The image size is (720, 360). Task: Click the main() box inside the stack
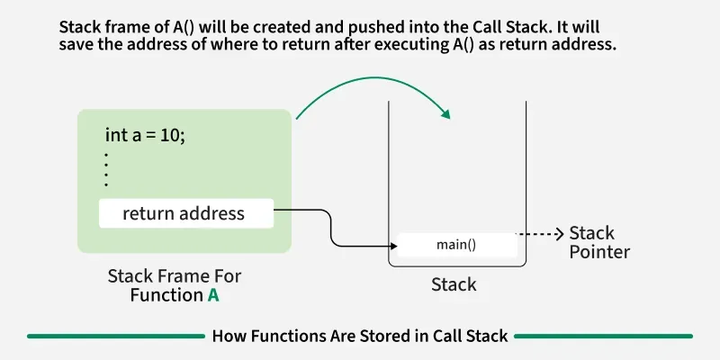point(457,245)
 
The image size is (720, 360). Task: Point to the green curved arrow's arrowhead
point(444,113)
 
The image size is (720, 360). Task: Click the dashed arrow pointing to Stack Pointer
point(542,234)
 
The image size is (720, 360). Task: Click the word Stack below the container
point(454,284)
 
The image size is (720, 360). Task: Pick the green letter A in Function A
point(214,294)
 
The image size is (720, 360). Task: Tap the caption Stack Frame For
point(175,275)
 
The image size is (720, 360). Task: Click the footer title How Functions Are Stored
point(360,336)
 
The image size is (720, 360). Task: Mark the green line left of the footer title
point(116,336)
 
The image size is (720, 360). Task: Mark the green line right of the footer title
point(603,336)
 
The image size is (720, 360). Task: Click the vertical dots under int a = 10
point(106,169)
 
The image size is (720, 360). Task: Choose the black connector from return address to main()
point(331,229)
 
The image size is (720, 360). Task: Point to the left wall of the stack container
point(388,180)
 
